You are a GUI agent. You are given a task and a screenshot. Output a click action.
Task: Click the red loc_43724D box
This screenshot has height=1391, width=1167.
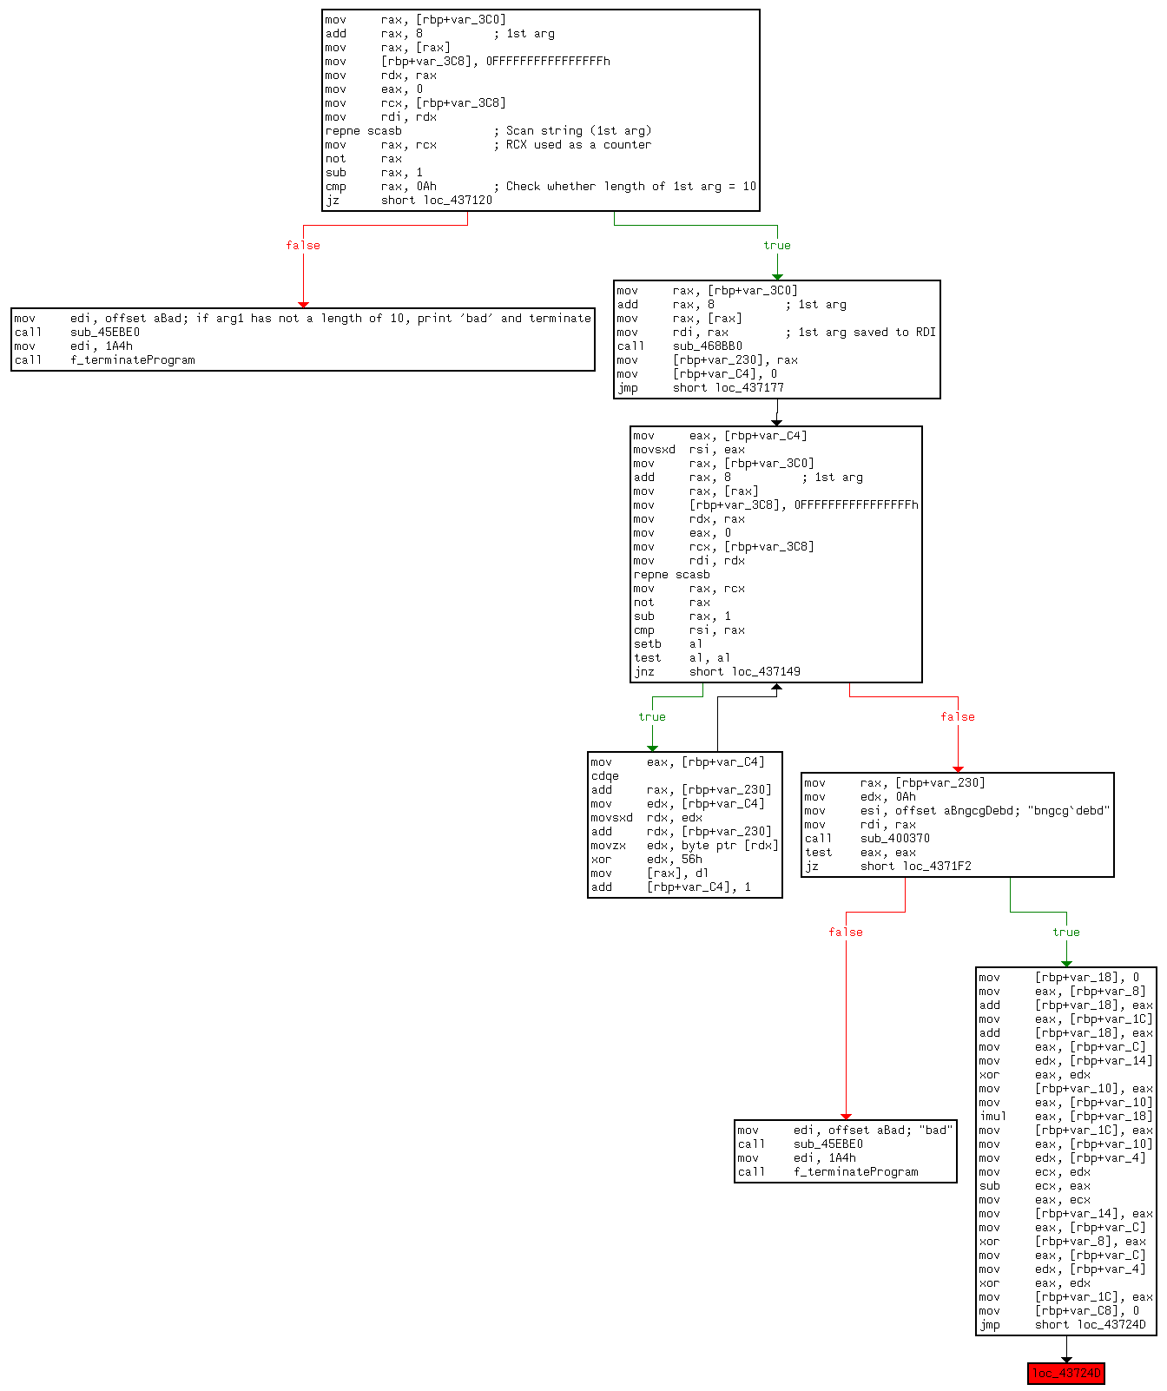coord(1065,1373)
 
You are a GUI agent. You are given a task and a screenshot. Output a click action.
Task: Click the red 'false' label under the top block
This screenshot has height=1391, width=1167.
coord(303,246)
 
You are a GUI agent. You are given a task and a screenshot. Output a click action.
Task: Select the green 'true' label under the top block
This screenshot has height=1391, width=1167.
coord(776,246)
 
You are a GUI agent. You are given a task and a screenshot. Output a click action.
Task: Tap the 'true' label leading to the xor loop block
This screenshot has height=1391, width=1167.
coord(651,717)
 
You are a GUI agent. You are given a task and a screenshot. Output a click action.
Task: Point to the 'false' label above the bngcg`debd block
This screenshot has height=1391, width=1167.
coord(957,717)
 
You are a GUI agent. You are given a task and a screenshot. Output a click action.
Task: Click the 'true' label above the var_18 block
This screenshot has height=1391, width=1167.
coord(1065,933)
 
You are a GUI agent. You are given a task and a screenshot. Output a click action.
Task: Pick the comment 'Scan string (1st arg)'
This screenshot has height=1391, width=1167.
coord(578,131)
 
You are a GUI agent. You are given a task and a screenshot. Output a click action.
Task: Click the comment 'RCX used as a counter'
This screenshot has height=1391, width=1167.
coord(578,145)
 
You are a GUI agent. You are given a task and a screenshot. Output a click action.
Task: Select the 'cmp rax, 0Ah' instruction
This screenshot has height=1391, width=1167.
coord(381,187)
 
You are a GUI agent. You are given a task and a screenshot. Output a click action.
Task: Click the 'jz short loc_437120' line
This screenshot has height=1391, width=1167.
coord(408,201)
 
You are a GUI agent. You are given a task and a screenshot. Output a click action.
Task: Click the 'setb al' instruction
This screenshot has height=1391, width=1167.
coord(669,644)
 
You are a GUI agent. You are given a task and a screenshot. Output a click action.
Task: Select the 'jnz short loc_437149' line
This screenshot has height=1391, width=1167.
coord(716,672)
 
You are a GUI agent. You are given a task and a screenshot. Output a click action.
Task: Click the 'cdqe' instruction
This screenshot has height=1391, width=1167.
coord(605,776)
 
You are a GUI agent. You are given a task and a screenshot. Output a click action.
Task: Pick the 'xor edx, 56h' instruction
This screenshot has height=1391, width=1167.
coord(646,860)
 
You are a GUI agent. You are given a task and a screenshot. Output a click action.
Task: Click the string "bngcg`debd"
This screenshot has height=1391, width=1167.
coord(1068,811)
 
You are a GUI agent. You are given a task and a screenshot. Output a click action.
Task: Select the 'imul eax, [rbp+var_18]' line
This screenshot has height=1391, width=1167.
coord(1065,1117)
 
